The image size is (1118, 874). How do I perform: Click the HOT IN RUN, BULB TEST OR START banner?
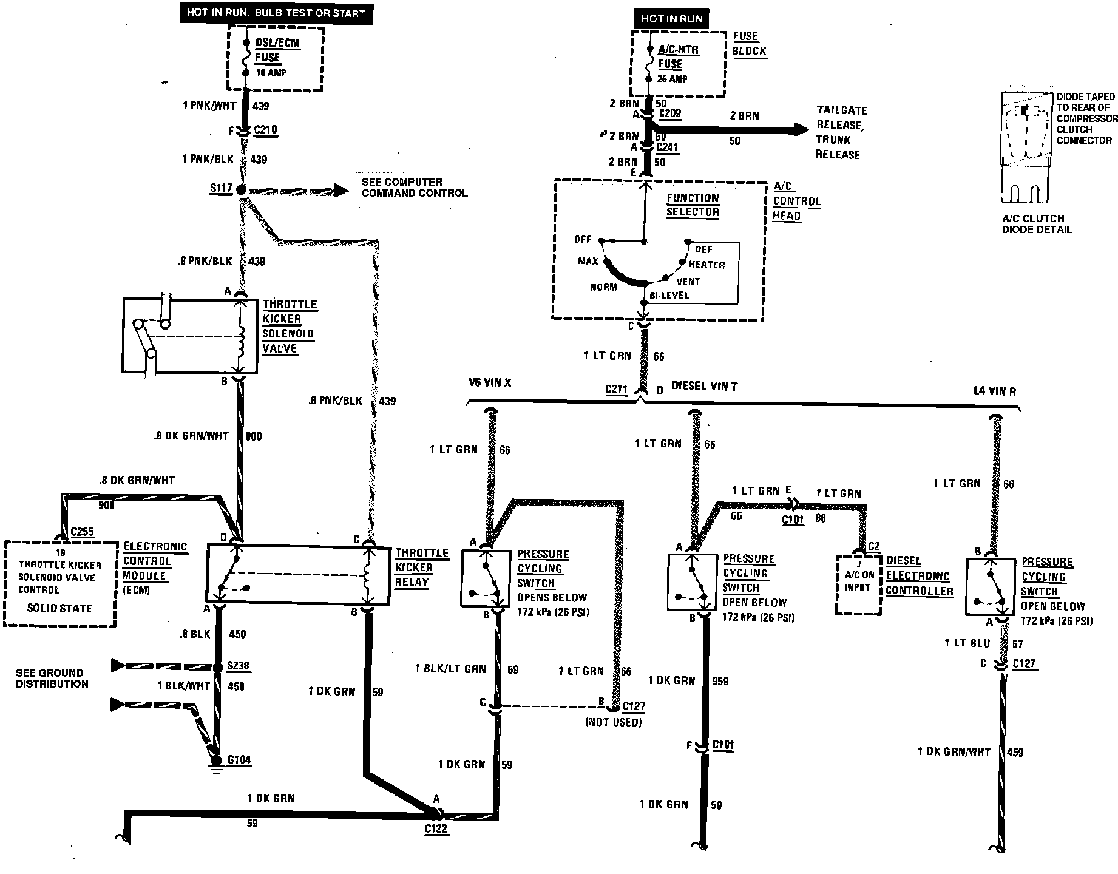pos(276,13)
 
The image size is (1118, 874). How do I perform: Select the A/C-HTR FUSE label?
pos(678,57)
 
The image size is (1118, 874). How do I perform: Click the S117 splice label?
pos(221,188)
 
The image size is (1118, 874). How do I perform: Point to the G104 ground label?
pos(239,760)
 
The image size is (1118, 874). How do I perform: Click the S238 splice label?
pos(238,666)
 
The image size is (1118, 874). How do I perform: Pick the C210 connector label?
pos(265,130)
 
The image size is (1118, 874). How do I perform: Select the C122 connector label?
pos(436,829)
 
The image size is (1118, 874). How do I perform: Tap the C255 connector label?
pos(82,532)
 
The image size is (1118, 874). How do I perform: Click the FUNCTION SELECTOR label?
pos(693,205)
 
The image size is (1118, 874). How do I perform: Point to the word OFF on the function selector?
pos(582,239)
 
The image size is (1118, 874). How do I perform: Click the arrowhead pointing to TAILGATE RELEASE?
pos(800,129)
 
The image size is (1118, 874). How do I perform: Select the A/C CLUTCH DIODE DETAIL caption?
pos(1037,224)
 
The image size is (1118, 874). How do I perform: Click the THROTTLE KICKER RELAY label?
pos(422,567)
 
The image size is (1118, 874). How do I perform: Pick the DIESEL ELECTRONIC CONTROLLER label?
pos(919,576)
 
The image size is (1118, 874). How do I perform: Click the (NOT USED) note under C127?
pos(613,722)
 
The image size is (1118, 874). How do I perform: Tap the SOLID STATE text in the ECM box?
pos(59,608)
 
